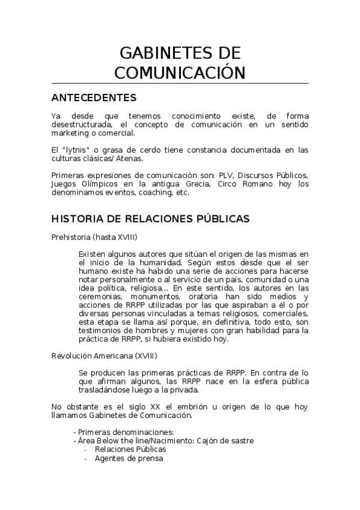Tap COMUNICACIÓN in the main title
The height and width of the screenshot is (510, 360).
click(180, 72)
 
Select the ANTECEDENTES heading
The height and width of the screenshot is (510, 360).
click(94, 97)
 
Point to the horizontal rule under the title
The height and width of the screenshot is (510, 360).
click(180, 83)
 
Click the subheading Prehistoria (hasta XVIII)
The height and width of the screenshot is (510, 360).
click(94, 237)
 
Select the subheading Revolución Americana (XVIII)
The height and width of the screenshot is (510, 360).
click(104, 355)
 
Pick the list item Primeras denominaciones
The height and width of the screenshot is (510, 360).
click(125, 432)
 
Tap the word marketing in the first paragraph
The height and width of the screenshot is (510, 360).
click(72, 133)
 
